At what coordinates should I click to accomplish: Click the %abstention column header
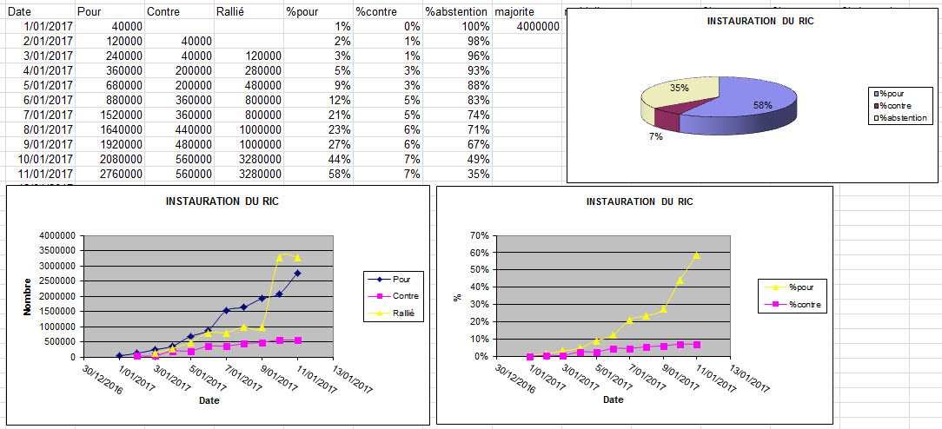tap(455, 11)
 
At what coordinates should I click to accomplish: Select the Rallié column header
tap(234, 11)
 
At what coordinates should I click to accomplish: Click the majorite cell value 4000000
tap(537, 26)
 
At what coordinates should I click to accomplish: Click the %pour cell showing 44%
tap(340, 159)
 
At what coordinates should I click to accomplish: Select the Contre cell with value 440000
tap(190, 129)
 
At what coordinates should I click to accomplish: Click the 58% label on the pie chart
tap(739, 105)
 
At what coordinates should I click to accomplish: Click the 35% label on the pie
tap(680, 88)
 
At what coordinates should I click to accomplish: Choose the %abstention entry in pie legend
tap(906, 117)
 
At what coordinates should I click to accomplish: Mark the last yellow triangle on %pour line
tap(697, 255)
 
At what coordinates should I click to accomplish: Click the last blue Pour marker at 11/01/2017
tap(298, 274)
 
